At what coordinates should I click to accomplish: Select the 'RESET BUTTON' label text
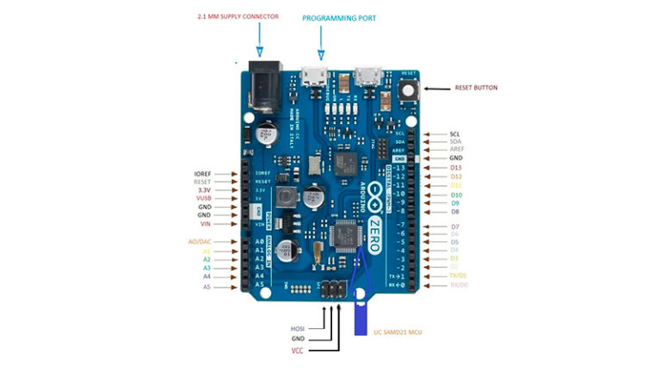(476, 88)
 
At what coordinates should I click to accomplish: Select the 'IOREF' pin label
(202, 173)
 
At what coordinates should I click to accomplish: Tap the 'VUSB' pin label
(203, 198)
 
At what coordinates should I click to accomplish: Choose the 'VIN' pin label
(205, 224)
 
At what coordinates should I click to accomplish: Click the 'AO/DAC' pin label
(200, 241)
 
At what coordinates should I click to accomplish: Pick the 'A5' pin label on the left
(207, 287)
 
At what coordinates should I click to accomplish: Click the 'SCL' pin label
(454, 134)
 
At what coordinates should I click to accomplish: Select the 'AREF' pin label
(456, 149)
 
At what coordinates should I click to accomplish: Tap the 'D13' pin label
(456, 167)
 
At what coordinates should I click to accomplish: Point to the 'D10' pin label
(456, 195)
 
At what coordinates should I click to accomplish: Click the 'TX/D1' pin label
(459, 275)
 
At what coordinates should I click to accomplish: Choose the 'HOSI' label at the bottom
(298, 328)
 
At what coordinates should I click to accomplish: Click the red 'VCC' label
(298, 351)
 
